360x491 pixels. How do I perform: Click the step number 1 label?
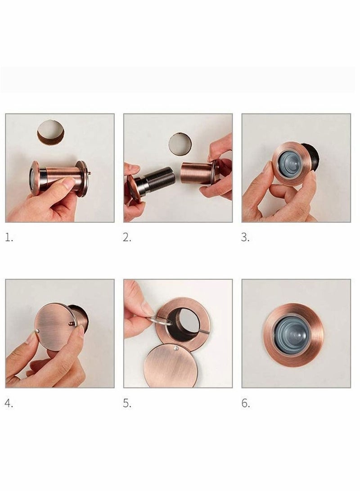pos(9,238)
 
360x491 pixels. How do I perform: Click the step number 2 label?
pos(127,238)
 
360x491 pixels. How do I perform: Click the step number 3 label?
pos(245,238)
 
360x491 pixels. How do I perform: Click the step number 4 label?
pos(9,403)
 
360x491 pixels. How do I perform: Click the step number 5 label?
pos(127,403)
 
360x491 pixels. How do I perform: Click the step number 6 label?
pos(245,403)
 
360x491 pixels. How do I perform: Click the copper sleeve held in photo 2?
pos(196,174)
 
